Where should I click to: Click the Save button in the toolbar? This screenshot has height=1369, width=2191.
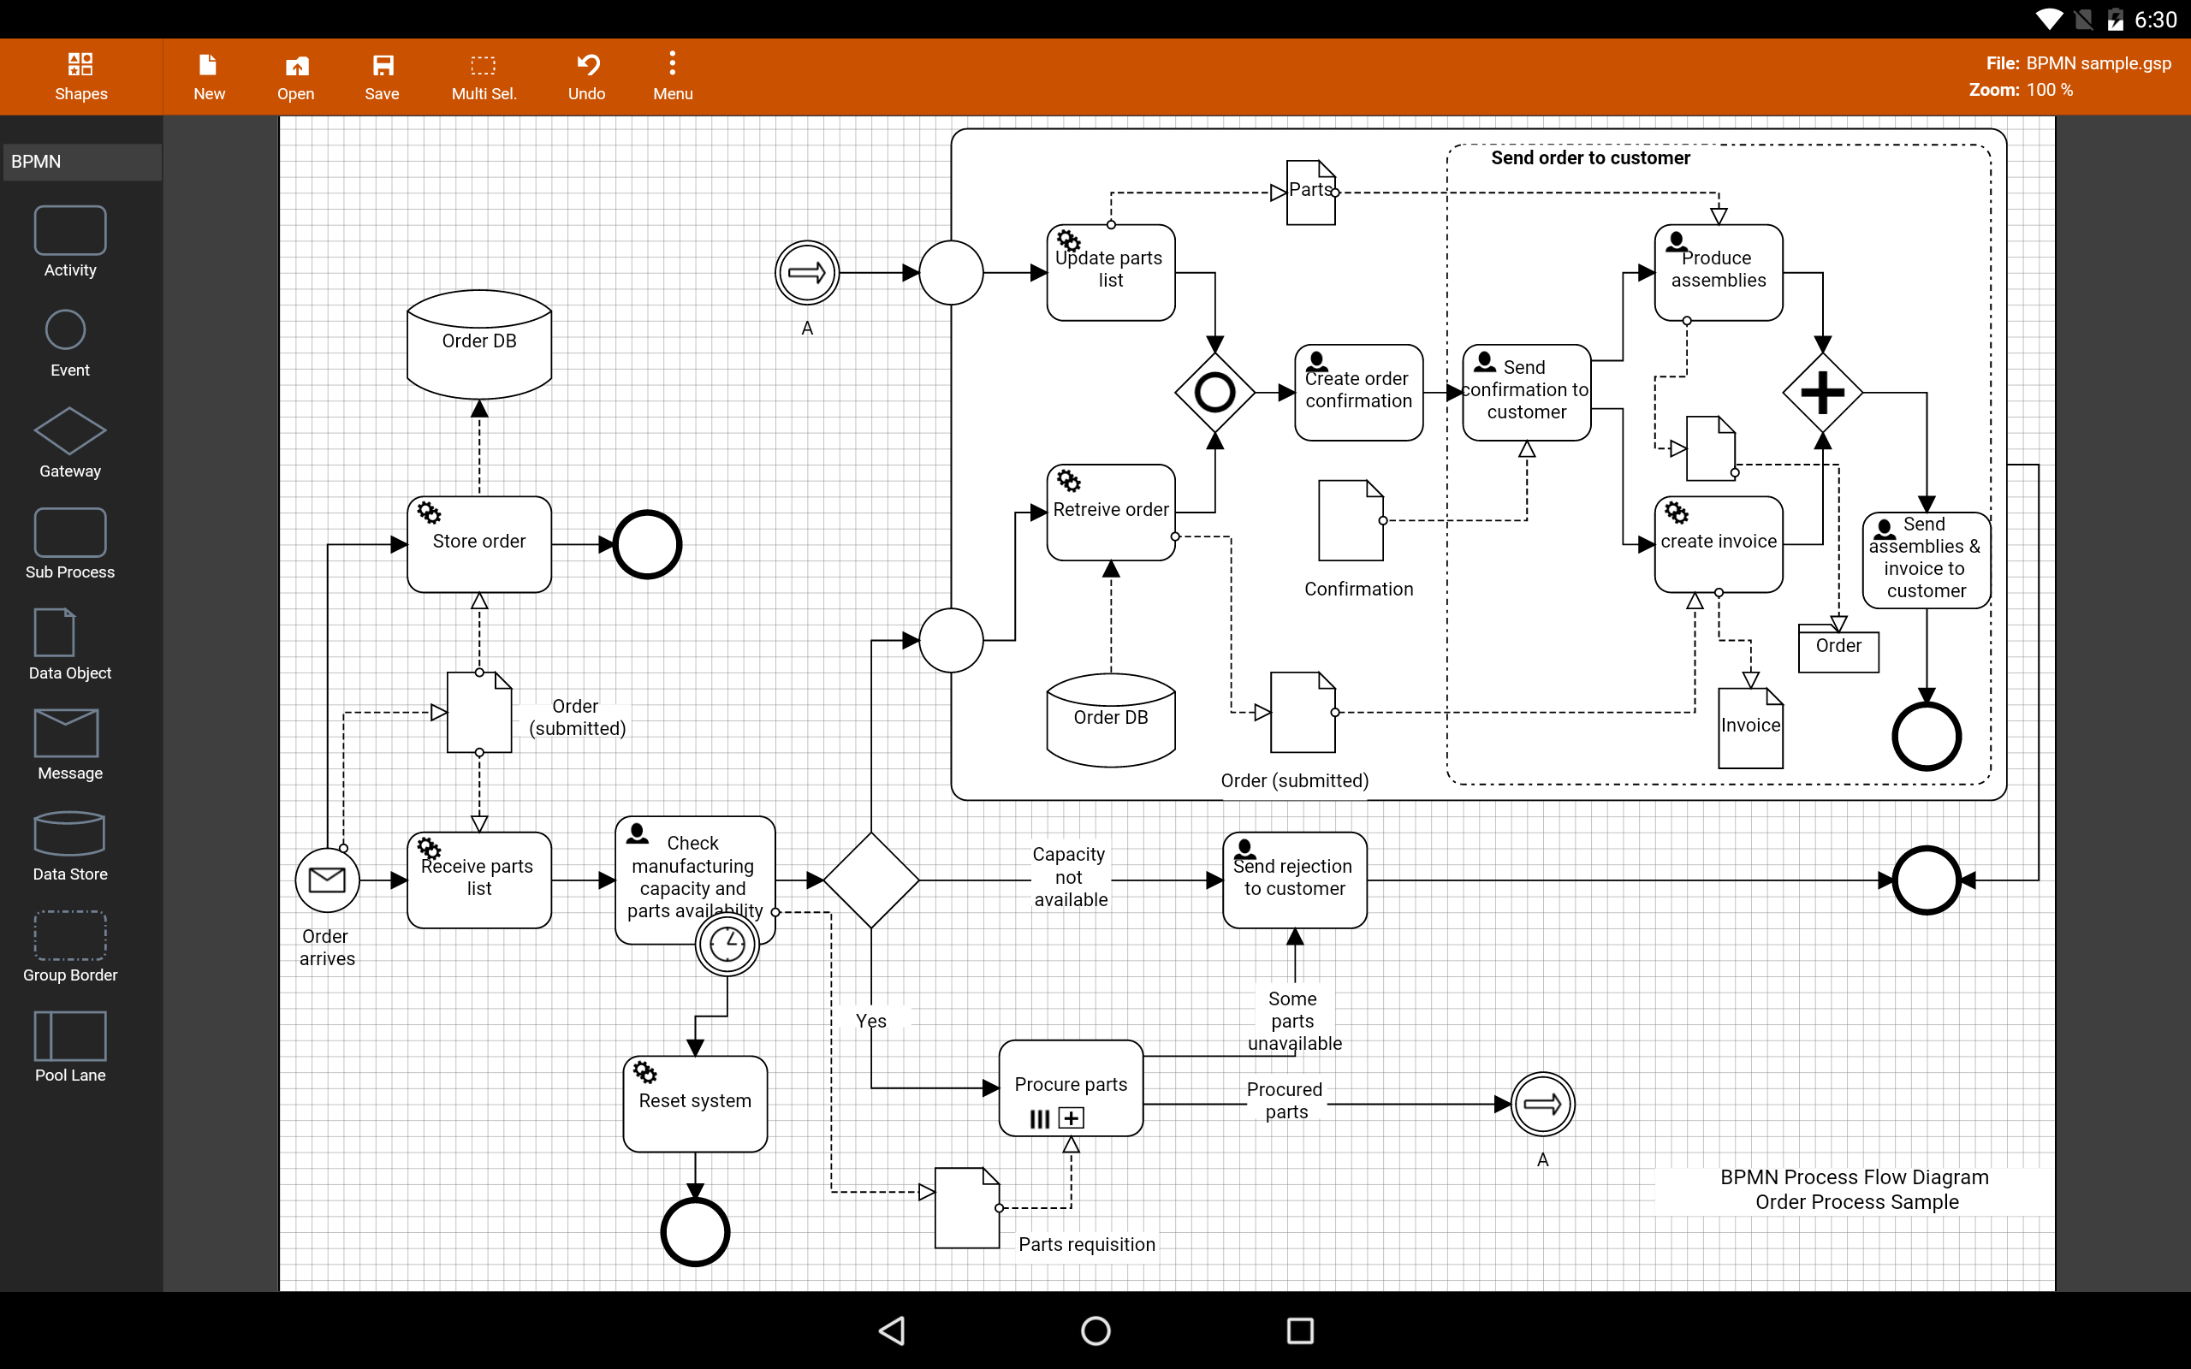point(382,76)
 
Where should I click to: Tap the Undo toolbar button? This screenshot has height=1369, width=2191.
point(586,76)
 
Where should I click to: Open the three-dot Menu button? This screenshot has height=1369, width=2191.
point(673,76)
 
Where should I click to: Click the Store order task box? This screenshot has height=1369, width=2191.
point(479,544)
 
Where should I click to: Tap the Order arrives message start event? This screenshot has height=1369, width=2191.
point(327,880)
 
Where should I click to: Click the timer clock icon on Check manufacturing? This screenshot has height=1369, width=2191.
point(727,945)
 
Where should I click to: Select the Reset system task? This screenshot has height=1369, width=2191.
point(695,1104)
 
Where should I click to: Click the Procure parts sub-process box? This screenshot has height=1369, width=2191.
point(1071,1087)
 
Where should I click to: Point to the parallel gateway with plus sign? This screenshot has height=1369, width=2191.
point(1822,393)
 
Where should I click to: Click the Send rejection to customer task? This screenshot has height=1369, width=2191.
point(1295,880)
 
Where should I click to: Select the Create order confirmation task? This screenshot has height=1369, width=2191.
point(1359,393)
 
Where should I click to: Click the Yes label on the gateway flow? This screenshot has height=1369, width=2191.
point(871,1021)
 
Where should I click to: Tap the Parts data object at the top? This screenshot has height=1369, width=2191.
point(1311,193)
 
